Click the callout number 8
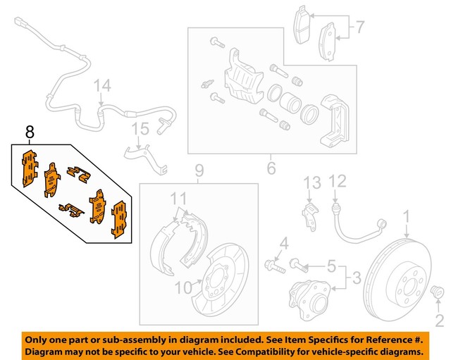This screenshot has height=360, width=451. tap(29, 131)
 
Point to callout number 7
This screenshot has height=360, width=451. tap(359, 29)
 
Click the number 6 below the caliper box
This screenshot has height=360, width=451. tap(271, 168)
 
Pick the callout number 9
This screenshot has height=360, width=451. tap(199, 170)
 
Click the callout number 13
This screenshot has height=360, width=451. tap(311, 183)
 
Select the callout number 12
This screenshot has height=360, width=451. tap(339, 182)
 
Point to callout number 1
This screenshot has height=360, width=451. tap(406, 215)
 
